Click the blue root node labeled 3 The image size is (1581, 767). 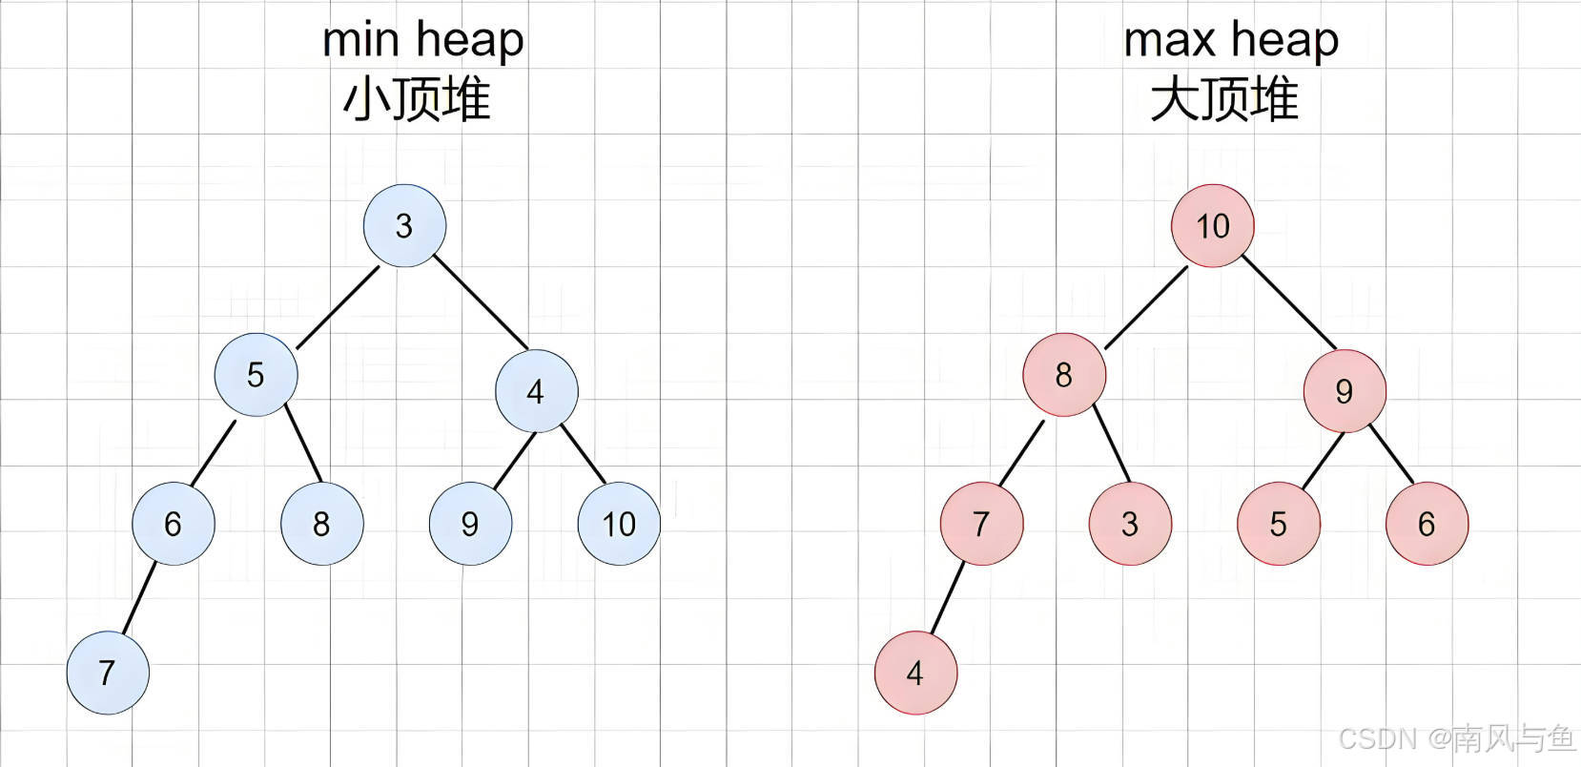coord(404,226)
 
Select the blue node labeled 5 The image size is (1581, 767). coord(256,375)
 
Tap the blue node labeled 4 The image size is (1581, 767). coord(536,391)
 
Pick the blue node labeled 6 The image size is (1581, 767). coord(173,524)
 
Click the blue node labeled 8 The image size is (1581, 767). coord(321,524)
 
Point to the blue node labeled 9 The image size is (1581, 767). coord(470,524)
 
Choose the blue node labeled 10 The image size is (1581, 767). coord(619,524)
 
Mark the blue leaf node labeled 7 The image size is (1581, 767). coord(108,673)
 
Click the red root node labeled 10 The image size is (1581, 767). coord(1213,226)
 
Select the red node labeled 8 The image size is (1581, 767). coord(1064,375)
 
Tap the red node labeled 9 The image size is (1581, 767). coord(1345,391)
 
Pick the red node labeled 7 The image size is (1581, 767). coord(981,524)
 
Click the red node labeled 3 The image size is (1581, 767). coord(1130,524)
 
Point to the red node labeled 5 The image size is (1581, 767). coord(1279,524)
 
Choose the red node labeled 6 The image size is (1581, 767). coord(1427,524)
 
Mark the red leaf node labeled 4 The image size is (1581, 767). coord(915,673)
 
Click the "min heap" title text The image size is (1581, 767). coord(422,40)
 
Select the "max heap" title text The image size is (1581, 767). coord(1231,40)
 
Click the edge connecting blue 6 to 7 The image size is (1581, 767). coord(139,599)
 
